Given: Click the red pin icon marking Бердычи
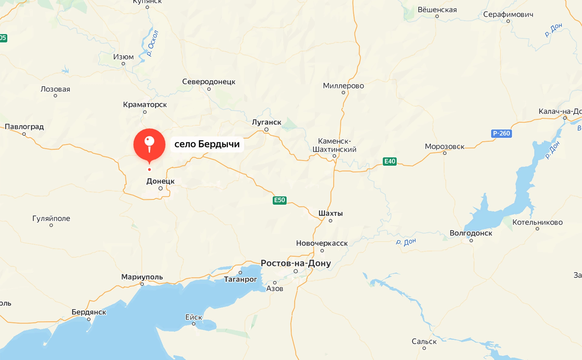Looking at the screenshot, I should tap(149, 145).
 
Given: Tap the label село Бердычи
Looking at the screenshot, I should tap(207, 144).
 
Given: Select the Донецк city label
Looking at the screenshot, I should tap(160, 181).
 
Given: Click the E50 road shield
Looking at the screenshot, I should tap(279, 200).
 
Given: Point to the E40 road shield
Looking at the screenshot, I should tap(390, 161).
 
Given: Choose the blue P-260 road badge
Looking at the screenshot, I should tap(501, 133).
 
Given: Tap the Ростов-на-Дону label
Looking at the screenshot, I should tap(296, 263).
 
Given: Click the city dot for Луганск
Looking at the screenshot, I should tap(266, 130).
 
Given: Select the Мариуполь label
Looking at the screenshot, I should tap(142, 277).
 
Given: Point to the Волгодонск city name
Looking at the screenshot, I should tap(471, 233).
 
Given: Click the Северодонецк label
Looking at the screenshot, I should tap(209, 82).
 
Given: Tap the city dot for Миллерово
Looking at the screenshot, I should tap(343, 93).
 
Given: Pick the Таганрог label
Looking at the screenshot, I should tap(240, 279).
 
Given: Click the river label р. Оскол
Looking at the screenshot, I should tap(152, 43).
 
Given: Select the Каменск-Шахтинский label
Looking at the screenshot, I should tap(334, 145).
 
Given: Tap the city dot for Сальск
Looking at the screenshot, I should tap(424, 348).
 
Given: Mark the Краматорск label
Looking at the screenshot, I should tap(145, 105).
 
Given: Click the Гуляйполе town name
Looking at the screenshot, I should tap(51, 218).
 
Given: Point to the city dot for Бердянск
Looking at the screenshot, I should tap(89, 319).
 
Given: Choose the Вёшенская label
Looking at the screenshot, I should tap(437, 10).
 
